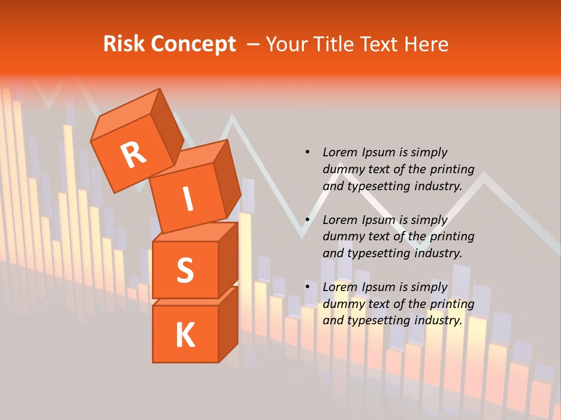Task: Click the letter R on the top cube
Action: (x=133, y=155)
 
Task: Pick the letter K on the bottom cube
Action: (x=185, y=335)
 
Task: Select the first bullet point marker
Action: (x=307, y=152)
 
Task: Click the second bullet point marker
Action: (x=307, y=220)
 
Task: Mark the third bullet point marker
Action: (x=307, y=287)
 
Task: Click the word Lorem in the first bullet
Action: (x=340, y=152)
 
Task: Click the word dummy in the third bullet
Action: (x=343, y=304)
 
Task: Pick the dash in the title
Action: (x=254, y=44)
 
